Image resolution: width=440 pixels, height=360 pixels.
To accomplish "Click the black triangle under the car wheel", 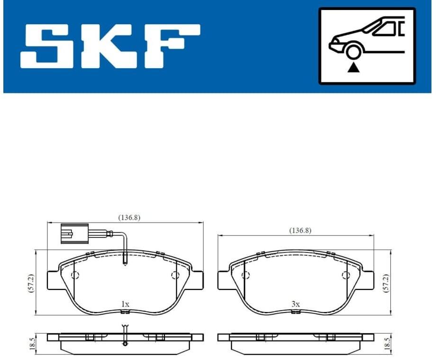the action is click(353, 68).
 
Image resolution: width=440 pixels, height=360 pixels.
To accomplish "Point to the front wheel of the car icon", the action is click(353, 52).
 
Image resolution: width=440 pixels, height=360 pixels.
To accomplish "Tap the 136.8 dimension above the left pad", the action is click(129, 217).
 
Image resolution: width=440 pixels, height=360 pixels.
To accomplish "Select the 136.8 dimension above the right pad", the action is click(300, 231).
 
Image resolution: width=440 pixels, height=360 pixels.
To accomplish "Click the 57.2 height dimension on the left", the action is click(31, 283).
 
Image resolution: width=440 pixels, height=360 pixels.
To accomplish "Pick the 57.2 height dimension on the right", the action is click(386, 283).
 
